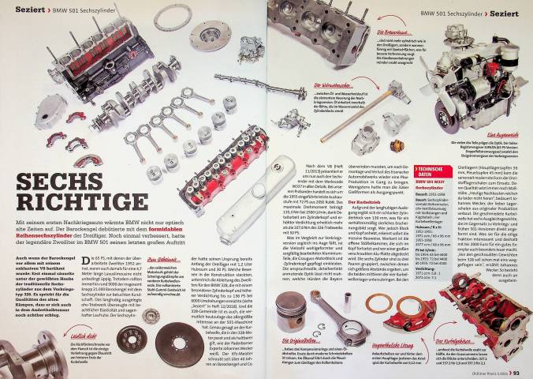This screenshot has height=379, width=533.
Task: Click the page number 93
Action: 522,372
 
